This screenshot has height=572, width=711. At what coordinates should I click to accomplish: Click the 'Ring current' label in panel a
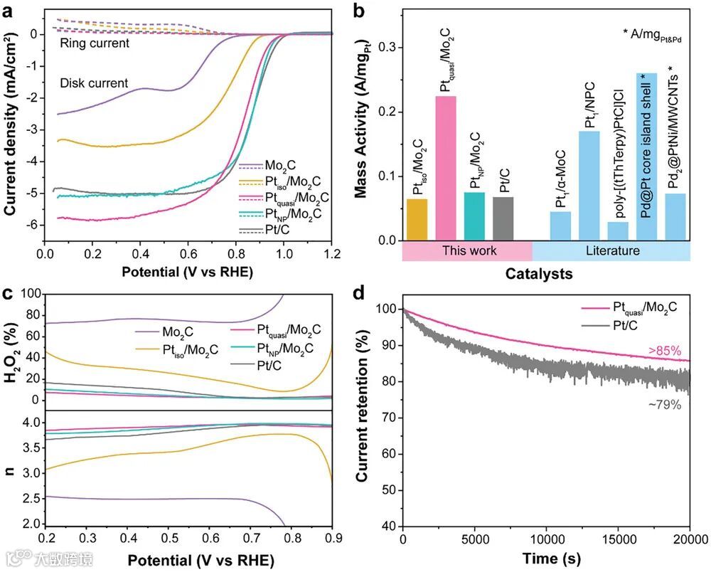pyautogui.click(x=94, y=43)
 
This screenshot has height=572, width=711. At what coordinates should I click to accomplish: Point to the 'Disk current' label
pyautogui.click(x=94, y=83)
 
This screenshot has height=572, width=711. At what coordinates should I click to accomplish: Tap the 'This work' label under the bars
pyautogui.click(x=467, y=251)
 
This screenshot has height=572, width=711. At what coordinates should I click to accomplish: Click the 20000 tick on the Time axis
pyautogui.click(x=689, y=539)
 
